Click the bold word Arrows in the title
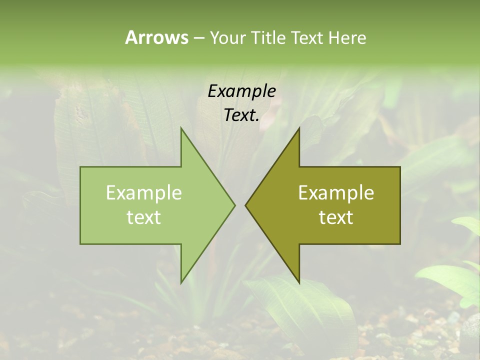(x=156, y=38)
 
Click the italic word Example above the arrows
(x=242, y=91)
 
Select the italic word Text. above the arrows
(x=242, y=115)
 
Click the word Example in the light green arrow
(x=144, y=193)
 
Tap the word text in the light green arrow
(x=144, y=217)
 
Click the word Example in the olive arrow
(x=336, y=193)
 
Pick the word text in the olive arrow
(x=336, y=217)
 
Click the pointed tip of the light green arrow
(x=234, y=205)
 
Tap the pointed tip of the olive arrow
(x=245, y=205)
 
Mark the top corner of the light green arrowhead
(x=181, y=128)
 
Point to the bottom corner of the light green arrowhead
(x=181, y=282)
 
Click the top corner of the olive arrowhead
(x=299, y=128)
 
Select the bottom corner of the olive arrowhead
(x=299, y=282)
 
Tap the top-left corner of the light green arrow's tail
(x=80, y=167)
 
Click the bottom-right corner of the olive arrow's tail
(x=400, y=244)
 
